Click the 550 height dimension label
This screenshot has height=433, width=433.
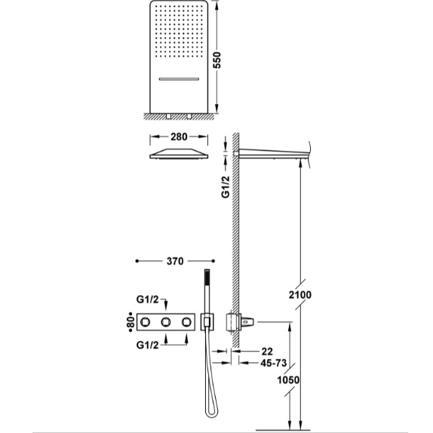coord(217,60)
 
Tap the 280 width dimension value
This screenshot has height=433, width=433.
coord(179,137)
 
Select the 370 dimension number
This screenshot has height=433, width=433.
coord(175,261)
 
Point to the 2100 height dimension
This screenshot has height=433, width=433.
coord(300,295)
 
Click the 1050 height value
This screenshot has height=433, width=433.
coord(288,380)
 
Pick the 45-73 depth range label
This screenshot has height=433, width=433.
coord(274,363)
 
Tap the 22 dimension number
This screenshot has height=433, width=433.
coord(267,352)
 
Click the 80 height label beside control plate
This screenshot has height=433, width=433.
coord(131,322)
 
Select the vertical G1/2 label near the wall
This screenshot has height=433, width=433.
coord(226,186)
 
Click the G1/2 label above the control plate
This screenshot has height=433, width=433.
coord(147,299)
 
